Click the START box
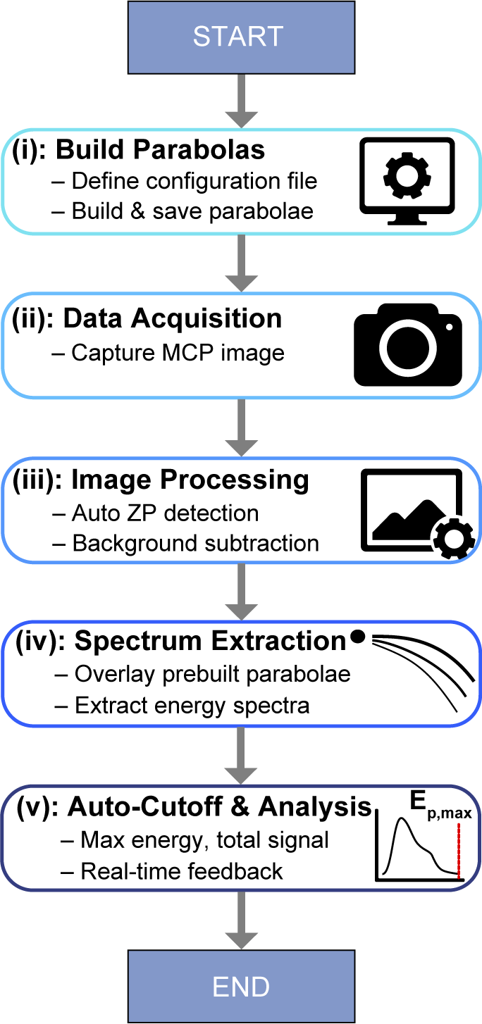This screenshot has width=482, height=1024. tap(238, 36)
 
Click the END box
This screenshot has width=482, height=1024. tap(240, 986)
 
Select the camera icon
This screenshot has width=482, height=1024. tap(408, 344)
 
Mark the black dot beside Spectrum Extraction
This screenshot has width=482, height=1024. tap(358, 637)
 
